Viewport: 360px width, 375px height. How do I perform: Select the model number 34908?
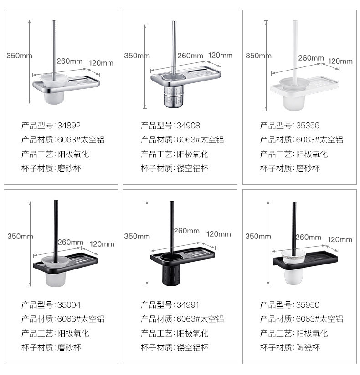189,125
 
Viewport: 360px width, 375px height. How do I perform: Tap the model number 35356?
309,125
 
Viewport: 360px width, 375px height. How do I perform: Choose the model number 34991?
189,304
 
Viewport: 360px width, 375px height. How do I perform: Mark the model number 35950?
309,304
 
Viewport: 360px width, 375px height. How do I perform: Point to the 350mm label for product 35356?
258,56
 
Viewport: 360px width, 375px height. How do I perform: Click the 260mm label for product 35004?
70,242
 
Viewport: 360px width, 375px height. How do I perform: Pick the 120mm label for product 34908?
220,56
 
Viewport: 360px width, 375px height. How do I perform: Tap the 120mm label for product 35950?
340,239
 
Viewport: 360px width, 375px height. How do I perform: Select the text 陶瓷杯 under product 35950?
309,348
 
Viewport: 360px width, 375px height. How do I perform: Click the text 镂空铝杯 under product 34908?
193,168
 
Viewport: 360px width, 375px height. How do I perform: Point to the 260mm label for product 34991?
186,231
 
